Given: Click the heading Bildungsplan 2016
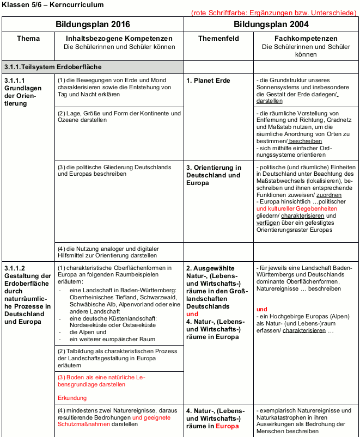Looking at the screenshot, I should [x=93, y=24].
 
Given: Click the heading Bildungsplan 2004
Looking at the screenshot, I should [x=271, y=24].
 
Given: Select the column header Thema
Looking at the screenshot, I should [x=28, y=39].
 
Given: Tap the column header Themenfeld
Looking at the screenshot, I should [x=218, y=39].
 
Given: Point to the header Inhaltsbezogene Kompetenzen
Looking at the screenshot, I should [x=119, y=39].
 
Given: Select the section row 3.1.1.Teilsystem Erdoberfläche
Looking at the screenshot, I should [x=52, y=67].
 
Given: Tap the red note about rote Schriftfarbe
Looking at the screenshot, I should [x=274, y=12].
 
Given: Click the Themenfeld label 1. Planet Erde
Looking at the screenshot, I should [x=208, y=81].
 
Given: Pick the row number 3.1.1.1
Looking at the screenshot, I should [x=15, y=81].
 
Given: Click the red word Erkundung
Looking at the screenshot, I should [x=72, y=398].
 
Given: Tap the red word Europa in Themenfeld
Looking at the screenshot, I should [x=228, y=426].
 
